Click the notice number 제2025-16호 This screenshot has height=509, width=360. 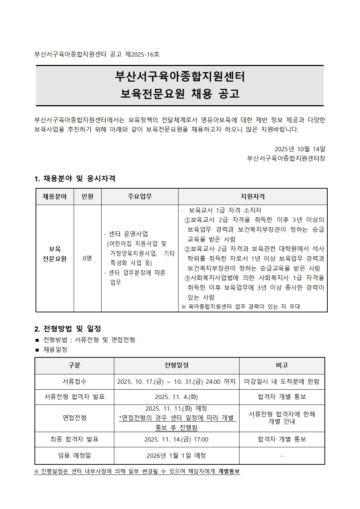click(142, 54)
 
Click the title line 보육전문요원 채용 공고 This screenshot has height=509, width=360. click(180, 94)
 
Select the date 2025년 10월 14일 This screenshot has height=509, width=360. click(300, 149)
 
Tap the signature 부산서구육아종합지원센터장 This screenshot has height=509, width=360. click(286, 159)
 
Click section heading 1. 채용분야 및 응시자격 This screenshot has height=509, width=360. click(75, 178)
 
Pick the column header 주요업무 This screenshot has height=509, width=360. click(140, 197)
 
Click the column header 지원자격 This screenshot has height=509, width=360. click(253, 197)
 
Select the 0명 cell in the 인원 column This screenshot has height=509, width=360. click(87, 258)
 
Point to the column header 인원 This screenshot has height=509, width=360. click(87, 197)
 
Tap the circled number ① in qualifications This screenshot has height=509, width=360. click(187, 220)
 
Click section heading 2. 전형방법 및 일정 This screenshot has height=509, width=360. click(67, 329)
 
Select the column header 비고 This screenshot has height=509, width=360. click(282, 365)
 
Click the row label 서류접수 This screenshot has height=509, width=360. click(74, 382)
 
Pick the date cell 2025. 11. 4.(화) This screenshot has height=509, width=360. click(176, 397)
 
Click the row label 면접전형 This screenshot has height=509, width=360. click(74, 418)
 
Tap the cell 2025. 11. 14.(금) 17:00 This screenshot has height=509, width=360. click(176, 439)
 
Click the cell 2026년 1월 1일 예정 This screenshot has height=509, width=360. click(176, 455)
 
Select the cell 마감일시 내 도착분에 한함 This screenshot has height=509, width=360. click(282, 382)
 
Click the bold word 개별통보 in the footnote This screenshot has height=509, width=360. click(229, 471)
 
